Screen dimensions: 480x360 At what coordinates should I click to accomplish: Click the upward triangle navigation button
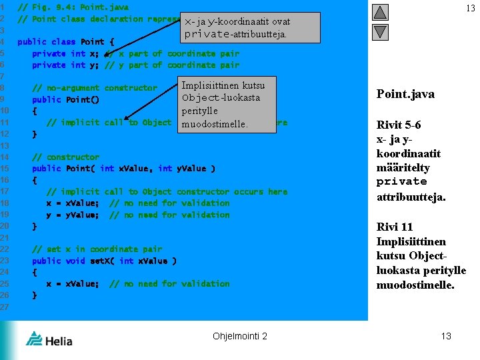click(x=380, y=12)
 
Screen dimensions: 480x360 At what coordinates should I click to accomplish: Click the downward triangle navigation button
click(x=380, y=31)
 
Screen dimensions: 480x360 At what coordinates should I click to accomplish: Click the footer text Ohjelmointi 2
click(x=240, y=336)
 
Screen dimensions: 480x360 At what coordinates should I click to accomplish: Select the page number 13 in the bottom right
click(x=446, y=336)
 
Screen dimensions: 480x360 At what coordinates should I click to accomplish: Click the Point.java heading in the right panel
click(x=405, y=94)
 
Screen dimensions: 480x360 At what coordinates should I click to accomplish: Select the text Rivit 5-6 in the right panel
click(x=399, y=125)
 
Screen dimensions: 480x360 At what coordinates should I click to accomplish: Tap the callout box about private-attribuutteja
click(x=237, y=27)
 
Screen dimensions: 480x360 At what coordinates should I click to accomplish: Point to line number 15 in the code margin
click(x=4, y=169)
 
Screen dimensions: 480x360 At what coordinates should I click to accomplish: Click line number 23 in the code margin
click(x=4, y=261)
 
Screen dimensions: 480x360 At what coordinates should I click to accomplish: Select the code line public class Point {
click(x=66, y=42)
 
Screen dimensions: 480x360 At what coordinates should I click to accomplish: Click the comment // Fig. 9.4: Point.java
click(x=73, y=7)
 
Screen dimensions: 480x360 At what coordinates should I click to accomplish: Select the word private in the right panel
click(x=401, y=181)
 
